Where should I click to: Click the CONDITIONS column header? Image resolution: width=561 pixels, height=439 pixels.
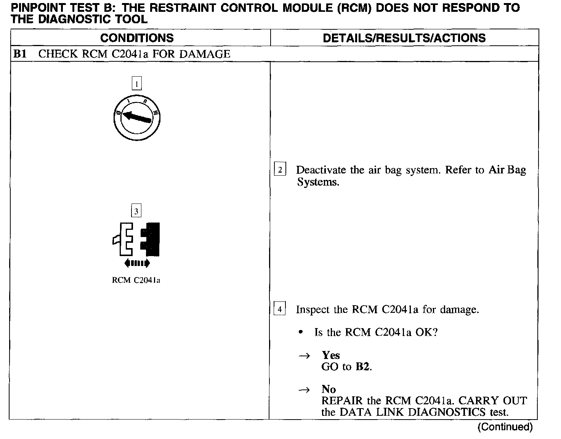(x=137, y=38)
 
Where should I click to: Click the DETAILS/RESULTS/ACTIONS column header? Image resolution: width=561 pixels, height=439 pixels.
(x=404, y=38)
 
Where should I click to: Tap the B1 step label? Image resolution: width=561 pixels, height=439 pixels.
(x=19, y=54)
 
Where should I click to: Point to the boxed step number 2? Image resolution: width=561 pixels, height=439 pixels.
(x=280, y=170)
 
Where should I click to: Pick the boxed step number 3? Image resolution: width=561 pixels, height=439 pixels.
(x=136, y=211)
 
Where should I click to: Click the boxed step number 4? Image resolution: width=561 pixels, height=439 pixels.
(x=280, y=309)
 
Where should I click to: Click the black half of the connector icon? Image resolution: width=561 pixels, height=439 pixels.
(x=151, y=239)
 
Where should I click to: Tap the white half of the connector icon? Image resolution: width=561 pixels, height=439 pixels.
(x=124, y=239)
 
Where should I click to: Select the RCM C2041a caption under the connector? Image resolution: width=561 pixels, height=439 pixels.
(x=136, y=280)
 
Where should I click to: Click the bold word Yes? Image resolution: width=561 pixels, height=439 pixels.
(x=330, y=355)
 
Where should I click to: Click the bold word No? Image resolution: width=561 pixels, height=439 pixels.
(x=329, y=389)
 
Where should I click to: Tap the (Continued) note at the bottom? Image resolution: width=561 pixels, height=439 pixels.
(x=505, y=427)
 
